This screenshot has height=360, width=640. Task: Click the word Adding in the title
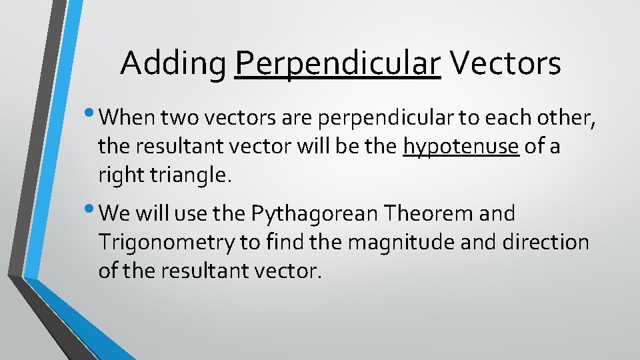[x=173, y=64]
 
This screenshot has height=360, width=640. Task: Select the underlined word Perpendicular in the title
[x=338, y=64]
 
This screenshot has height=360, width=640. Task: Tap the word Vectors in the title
[x=505, y=64]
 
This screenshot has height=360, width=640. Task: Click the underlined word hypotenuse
[x=461, y=147]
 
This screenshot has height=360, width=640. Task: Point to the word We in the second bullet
[x=117, y=214]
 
